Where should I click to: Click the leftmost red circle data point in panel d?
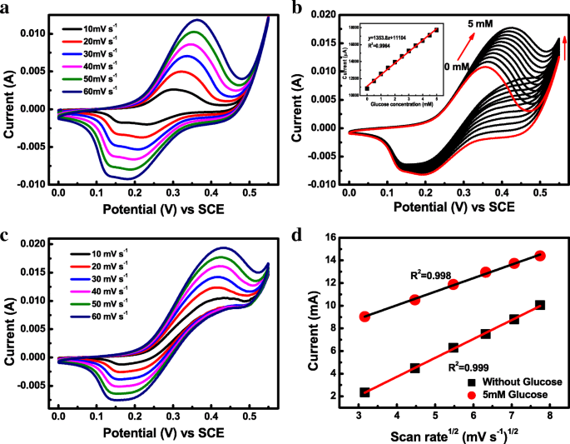[x=364, y=317]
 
